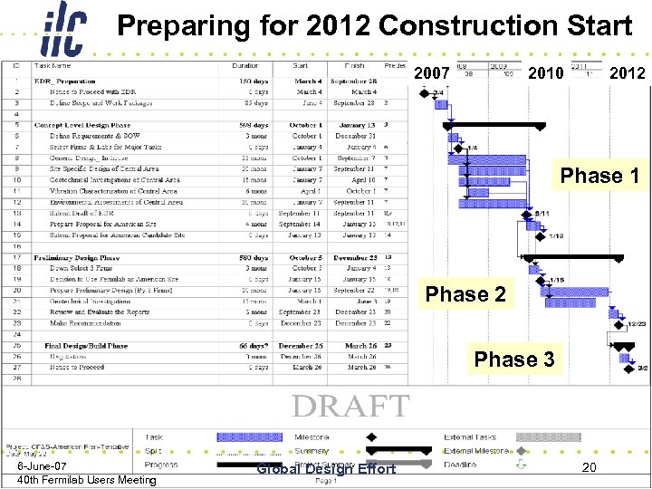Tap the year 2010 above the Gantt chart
546,72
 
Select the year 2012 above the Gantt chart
627,72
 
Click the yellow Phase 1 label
599,175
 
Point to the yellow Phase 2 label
465,294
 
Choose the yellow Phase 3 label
514,360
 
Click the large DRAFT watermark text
351,406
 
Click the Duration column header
245,66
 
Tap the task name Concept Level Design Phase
82,125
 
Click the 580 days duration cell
254,257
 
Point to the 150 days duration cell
254,81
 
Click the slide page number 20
589,467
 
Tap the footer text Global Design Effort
326,468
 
